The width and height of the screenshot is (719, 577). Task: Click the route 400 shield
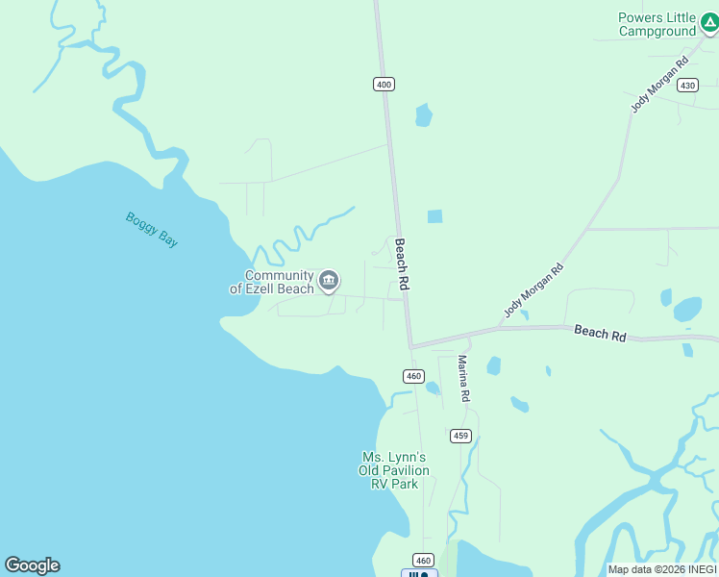pos(384,85)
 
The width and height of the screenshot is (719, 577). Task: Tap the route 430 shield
pos(687,86)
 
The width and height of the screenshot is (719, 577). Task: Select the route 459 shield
pos(460,436)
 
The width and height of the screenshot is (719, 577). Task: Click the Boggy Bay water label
pos(152,230)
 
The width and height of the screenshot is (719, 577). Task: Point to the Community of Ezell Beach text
pos(272,282)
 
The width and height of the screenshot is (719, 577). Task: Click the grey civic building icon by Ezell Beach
pos(329,281)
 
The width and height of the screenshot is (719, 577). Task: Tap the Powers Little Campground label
pos(657,24)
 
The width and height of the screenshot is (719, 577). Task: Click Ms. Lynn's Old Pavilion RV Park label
pos(394,470)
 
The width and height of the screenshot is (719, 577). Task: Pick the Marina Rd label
pos(463,378)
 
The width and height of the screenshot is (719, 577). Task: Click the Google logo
pos(32,565)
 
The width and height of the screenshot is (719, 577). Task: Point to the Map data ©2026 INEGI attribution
pos(662,569)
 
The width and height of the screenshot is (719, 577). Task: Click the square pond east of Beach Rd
pos(434,216)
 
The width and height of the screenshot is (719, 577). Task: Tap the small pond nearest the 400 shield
pos(423,115)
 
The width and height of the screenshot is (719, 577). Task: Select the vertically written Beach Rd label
pos(403,265)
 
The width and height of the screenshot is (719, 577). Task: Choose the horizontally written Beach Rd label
pos(600,333)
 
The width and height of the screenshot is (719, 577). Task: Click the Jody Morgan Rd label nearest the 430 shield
pos(660,85)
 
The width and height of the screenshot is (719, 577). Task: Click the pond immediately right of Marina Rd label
pos(493,365)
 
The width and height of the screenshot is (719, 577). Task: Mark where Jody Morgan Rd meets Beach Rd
pos(501,328)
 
